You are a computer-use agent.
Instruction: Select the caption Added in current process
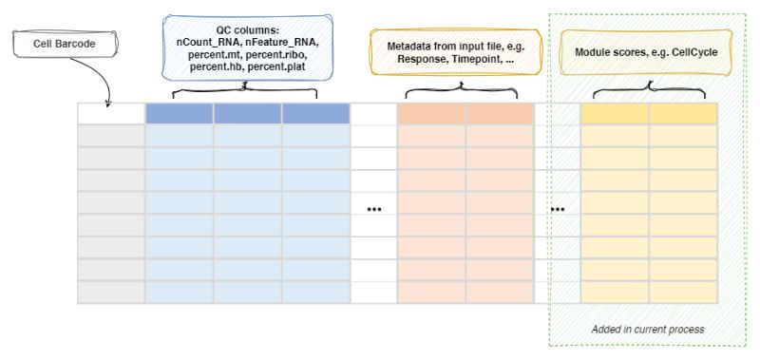(647, 329)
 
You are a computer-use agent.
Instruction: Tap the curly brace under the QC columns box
(246, 89)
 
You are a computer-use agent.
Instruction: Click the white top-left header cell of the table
(110, 113)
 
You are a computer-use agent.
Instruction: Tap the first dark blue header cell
(179, 113)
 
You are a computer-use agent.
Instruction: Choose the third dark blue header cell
(315, 113)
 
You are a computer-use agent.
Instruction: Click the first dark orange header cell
(430, 113)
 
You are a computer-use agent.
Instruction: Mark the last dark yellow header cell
(683, 113)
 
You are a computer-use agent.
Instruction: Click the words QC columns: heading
(247, 30)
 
